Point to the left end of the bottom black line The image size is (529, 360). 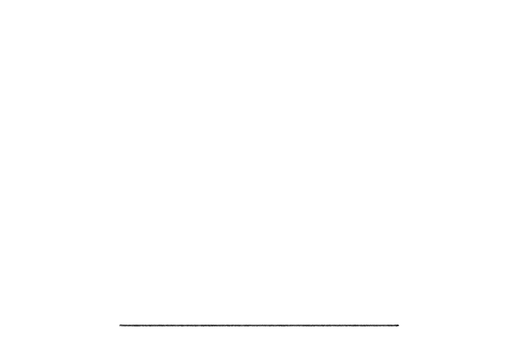pyautogui.click(x=120, y=325)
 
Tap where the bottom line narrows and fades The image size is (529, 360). pyautogui.click(x=400, y=325)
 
